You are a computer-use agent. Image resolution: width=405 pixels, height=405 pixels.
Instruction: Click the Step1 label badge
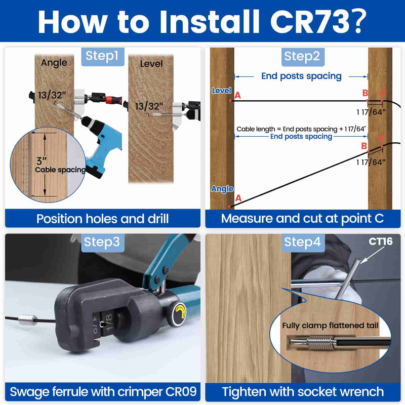pyautogui.click(x=103, y=56)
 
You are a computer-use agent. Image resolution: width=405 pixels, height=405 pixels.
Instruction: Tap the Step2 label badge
pyautogui.click(x=302, y=56)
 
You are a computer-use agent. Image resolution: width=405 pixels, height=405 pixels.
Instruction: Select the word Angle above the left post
pyautogui.click(x=54, y=63)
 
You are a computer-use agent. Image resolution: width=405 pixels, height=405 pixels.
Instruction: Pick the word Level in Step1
pyautogui.click(x=151, y=64)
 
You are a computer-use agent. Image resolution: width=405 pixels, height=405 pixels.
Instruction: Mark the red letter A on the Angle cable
pyautogui.click(x=238, y=198)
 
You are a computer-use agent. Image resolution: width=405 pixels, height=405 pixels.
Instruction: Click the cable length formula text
pyautogui.click(x=301, y=129)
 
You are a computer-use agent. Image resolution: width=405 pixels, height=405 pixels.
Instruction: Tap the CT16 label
pyautogui.click(x=380, y=241)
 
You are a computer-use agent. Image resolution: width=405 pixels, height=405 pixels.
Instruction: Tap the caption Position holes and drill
pyautogui.click(x=102, y=219)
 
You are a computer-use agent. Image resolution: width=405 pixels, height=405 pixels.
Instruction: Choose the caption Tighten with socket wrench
pyautogui.click(x=302, y=391)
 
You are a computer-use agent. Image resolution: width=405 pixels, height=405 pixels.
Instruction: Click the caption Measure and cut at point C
pyautogui.click(x=302, y=219)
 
